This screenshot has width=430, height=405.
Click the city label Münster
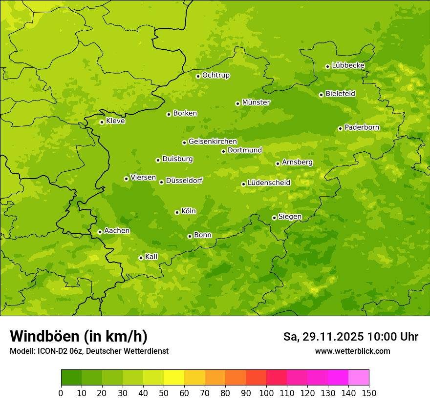coord(256,102)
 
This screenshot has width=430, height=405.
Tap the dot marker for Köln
coord(177,212)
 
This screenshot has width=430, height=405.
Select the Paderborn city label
coord(362,127)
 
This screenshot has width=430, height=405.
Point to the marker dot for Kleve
coord(102,122)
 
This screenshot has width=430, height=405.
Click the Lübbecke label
coord(348,65)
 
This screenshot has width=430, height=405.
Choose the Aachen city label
coord(117,231)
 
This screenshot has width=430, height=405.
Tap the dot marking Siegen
coord(274,218)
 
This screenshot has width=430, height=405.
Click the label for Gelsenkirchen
coord(213,142)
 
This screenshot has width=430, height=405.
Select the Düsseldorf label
coord(184,181)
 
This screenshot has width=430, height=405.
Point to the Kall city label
coord(151,257)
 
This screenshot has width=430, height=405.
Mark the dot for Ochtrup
coord(198,76)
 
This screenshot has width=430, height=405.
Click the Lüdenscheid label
coord(269,183)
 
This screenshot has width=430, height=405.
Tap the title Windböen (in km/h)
coord(79,336)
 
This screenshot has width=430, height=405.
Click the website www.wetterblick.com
coord(352,351)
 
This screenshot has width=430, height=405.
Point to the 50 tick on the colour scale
coord(164,393)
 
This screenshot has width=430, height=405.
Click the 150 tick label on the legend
coord(369,393)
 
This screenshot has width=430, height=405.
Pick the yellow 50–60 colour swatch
coord(174,378)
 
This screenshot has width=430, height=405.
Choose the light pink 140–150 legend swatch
coord(359,378)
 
